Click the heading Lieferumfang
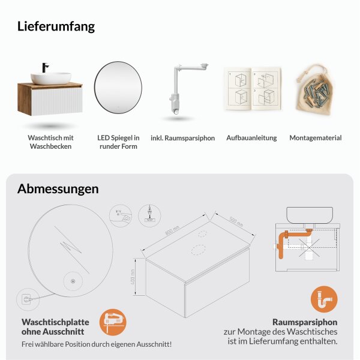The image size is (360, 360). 56,26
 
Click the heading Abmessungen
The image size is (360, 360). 58,188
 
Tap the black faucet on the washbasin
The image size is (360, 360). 44,68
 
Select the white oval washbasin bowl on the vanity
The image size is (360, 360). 51,79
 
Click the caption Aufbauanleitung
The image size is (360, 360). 251,138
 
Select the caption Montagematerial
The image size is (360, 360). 315,138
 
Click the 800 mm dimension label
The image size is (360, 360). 173,230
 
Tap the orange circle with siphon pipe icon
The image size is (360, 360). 324,299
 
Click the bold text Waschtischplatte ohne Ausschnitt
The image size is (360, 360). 53,326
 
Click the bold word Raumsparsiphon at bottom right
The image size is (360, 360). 305,322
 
